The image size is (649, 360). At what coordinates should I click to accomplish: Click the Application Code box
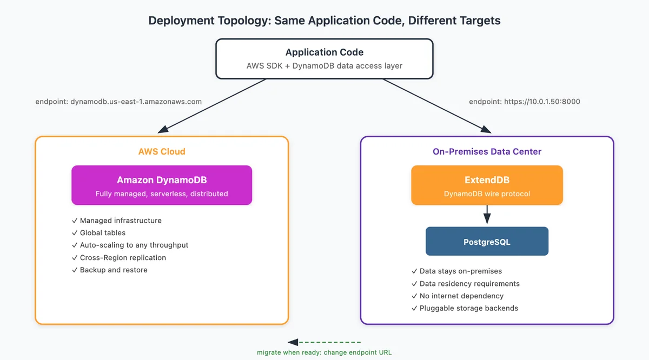(x=324, y=59)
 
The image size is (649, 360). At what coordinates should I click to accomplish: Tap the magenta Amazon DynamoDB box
(x=162, y=185)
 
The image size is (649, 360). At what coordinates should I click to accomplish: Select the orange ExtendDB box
(x=487, y=185)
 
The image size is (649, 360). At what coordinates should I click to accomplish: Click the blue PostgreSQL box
(x=487, y=241)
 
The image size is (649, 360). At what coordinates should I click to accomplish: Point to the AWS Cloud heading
(x=162, y=151)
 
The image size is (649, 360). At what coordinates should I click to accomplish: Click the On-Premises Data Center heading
(x=487, y=151)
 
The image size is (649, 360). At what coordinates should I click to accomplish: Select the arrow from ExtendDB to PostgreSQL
(x=487, y=214)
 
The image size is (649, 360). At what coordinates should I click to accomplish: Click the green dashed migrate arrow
(x=324, y=342)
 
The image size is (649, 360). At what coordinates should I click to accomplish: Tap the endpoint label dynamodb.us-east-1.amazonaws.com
(x=118, y=102)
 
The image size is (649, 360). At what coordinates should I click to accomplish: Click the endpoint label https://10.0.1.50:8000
(x=525, y=102)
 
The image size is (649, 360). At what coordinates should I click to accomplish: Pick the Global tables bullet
(x=98, y=233)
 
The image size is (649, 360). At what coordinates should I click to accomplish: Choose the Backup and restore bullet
(x=109, y=270)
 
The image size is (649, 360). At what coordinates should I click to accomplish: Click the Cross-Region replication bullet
(x=119, y=257)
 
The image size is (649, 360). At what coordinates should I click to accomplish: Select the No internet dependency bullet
(x=458, y=296)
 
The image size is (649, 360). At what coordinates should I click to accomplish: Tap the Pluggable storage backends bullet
(x=465, y=308)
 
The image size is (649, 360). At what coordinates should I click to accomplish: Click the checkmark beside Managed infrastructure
(x=75, y=221)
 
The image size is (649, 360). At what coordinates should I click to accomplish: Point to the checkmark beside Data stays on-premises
(x=414, y=271)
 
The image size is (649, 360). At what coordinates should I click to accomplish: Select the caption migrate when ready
(x=324, y=352)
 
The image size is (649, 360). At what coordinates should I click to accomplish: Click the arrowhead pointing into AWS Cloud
(x=163, y=129)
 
